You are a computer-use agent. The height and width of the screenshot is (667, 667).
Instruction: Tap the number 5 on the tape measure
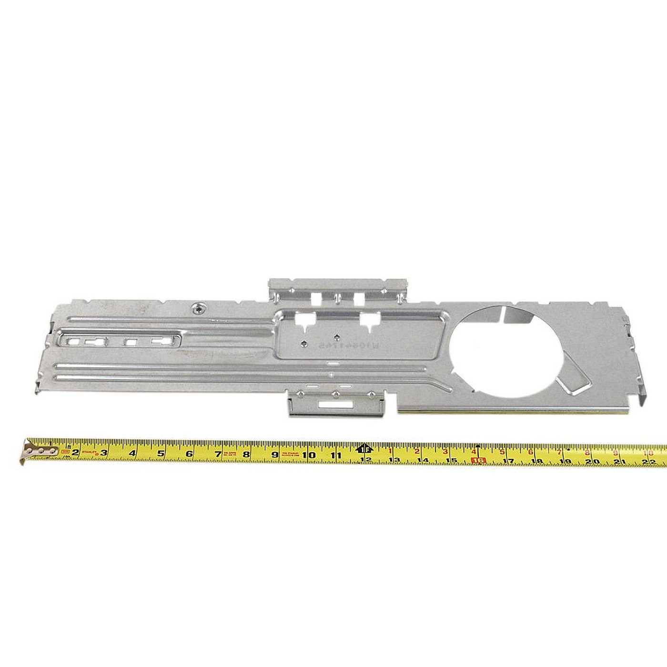point(161,453)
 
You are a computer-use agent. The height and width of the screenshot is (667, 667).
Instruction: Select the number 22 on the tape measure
point(647,462)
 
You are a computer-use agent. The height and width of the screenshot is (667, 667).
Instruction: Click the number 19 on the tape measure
point(566,461)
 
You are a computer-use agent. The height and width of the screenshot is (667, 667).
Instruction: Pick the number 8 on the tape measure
point(246,454)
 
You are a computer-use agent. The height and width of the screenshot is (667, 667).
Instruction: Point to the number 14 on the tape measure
point(423,460)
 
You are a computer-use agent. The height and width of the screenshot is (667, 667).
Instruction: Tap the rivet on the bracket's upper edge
point(197,308)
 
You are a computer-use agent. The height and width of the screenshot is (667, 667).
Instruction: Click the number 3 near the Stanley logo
point(103,453)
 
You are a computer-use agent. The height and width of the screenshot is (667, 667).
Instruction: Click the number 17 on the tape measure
point(508,461)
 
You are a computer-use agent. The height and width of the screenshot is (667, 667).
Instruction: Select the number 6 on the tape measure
point(189,454)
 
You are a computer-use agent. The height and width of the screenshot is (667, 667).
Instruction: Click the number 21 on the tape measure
point(620,462)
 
